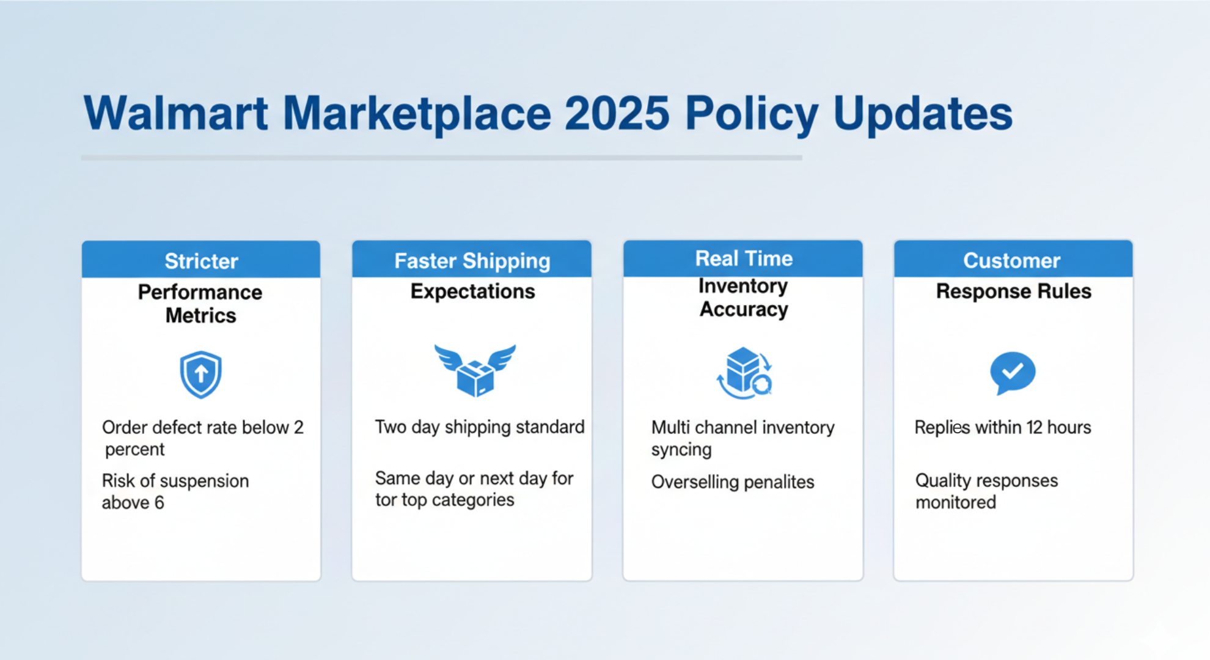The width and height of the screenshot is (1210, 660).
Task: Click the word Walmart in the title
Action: coord(175,114)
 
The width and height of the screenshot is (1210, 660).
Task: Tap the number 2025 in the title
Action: coord(617,114)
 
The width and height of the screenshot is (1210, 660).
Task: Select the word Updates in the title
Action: coord(922,114)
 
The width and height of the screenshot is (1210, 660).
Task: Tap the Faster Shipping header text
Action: coord(472,261)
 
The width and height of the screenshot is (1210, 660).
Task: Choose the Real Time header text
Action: coord(743,258)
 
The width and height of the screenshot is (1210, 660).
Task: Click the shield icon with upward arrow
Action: coord(200,374)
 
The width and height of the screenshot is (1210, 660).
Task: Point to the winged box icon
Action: coord(475,370)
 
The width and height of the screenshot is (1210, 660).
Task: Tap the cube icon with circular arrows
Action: coord(744,373)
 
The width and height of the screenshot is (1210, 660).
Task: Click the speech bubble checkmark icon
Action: coord(1012,372)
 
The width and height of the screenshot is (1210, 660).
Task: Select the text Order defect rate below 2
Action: coord(202,427)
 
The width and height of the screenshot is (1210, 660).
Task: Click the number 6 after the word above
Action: coord(159,503)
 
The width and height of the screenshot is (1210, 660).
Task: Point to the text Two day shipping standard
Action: coord(479,427)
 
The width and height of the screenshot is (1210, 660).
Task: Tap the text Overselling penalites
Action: coord(732,482)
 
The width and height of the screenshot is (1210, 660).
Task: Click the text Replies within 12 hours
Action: coord(1002,427)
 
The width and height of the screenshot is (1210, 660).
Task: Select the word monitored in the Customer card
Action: coord(955,502)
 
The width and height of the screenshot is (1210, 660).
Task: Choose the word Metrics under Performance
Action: coord(200,316)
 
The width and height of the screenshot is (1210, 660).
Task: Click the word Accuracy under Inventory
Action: coord(743,309)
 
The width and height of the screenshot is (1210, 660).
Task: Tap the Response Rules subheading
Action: coord(1013,291)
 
